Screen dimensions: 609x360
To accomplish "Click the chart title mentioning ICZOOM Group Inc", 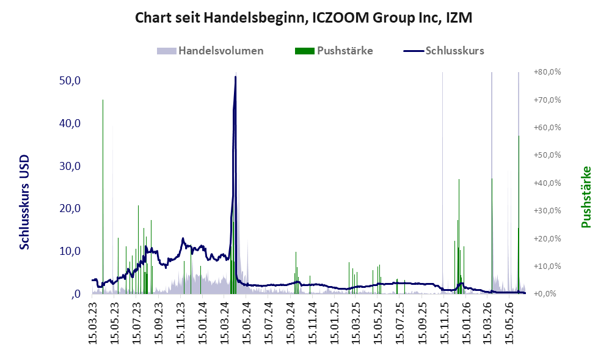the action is [304, 18].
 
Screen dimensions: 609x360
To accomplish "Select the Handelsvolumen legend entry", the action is [210, 51].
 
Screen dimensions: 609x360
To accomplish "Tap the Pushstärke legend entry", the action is [334, 51].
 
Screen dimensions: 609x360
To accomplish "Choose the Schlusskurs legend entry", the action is [443, 51].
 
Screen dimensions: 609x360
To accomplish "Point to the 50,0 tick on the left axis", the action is [70, 81].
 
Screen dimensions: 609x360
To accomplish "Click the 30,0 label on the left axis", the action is [70, 166].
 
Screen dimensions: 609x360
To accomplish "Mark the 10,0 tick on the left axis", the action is [70, 251].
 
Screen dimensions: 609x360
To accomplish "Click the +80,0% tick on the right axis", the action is [547, 72].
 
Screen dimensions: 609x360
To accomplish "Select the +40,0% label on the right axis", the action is [547, 183].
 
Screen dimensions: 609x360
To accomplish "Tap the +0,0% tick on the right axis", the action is [545, 294].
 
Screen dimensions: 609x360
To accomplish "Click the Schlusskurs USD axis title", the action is [24, 202].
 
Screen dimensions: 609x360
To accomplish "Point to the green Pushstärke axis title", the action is [586, 197].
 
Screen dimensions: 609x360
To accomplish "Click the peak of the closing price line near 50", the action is [235, 77].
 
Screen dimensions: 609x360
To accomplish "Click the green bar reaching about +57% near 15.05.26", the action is [519, 215].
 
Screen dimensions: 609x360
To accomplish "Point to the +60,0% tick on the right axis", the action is [547, 128].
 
